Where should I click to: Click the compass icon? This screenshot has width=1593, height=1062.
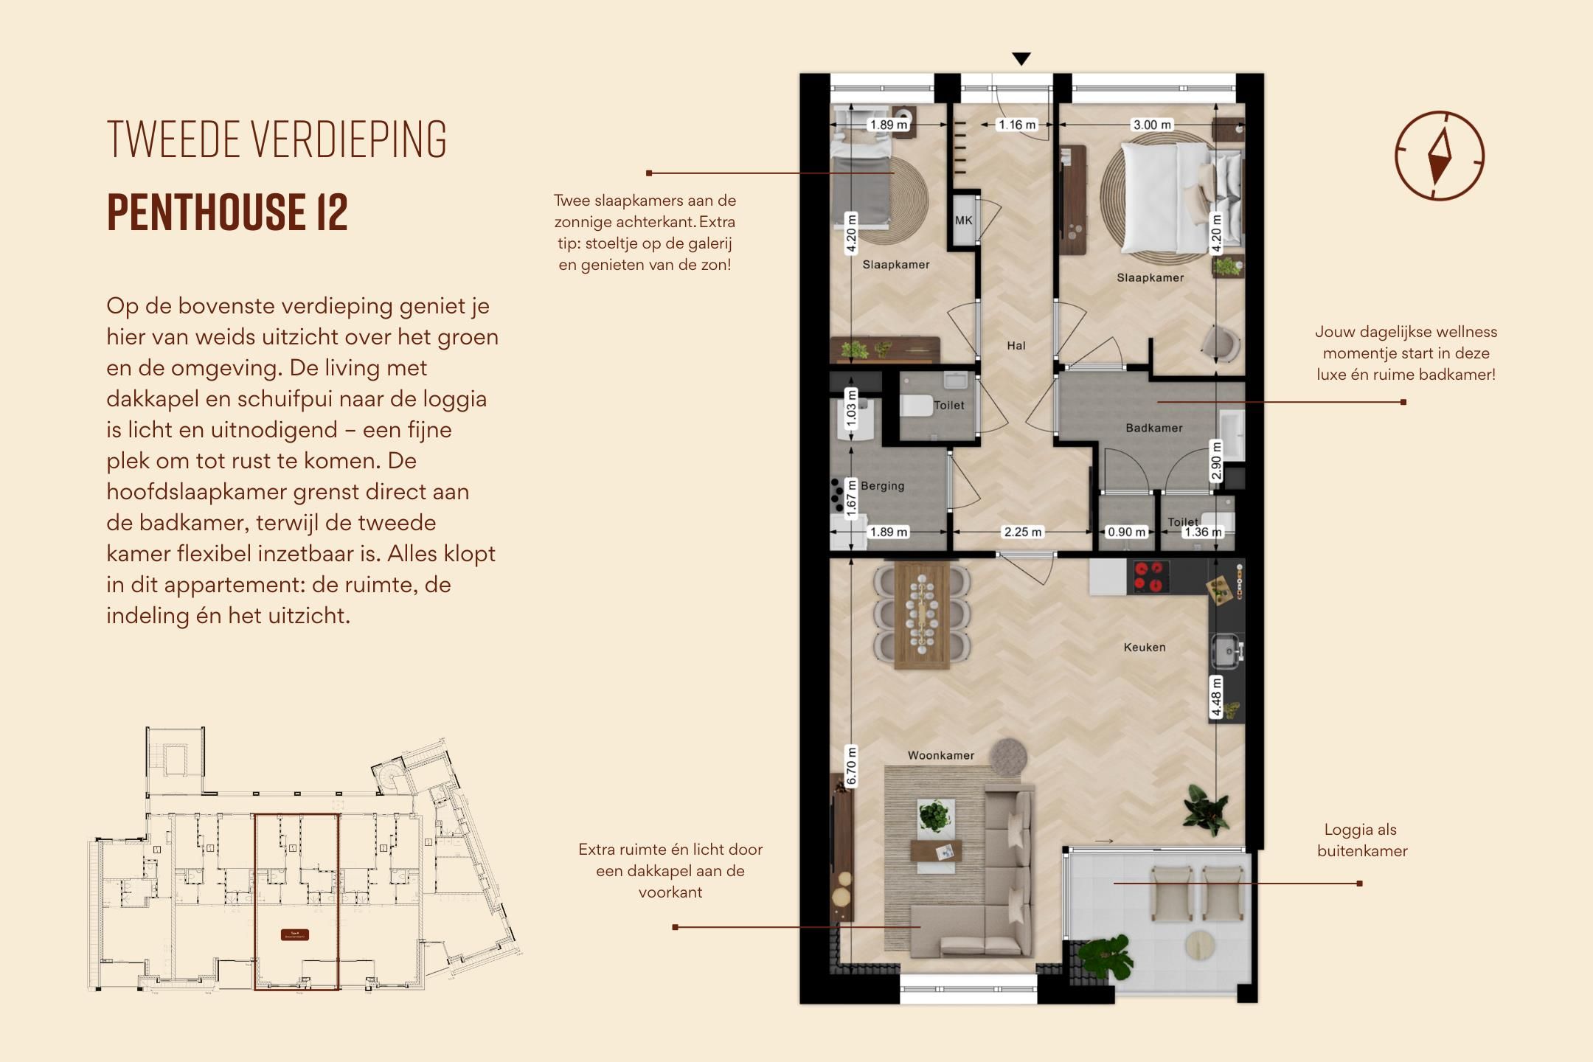tap(1439, 156)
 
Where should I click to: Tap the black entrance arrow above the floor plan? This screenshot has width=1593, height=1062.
tap(1021, 59)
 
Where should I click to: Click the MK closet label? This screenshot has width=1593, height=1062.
tap(963, 220)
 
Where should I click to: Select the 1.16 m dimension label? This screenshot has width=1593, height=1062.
tap(1016, 125)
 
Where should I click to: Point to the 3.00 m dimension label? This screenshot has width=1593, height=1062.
tap(1152, 125)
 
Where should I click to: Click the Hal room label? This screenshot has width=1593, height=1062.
tap(1016, 345)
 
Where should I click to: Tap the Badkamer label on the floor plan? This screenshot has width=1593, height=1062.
tap(1153, 428)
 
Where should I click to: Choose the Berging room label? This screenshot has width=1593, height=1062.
tap(882, 486)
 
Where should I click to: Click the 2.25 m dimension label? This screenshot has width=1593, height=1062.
tap(1022, 532)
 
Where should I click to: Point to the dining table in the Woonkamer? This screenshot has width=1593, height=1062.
tap(921, 615)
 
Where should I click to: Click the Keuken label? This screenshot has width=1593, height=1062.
tap(1145, 648)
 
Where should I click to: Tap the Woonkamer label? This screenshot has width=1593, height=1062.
tap(940, 755)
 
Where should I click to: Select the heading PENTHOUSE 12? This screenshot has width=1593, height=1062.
tap(227, 212)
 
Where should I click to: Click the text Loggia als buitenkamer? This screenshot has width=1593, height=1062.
tap(1361, 840)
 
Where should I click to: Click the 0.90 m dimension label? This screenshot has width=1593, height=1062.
tap(1126, 532)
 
